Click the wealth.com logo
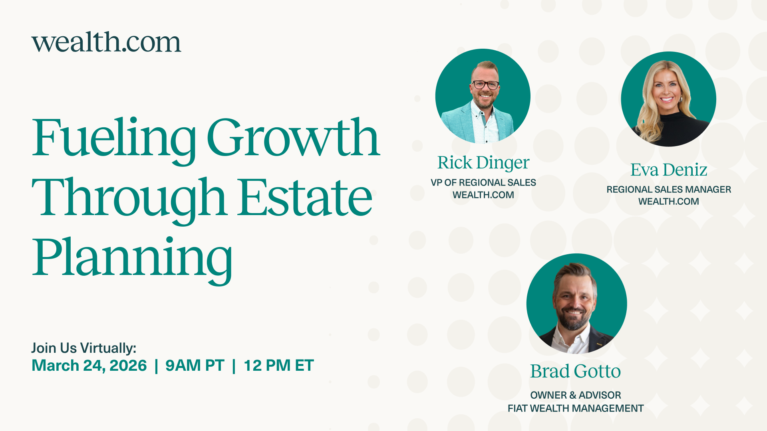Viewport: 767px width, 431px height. pos(106,42)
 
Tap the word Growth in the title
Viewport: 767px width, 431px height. pos(293,138)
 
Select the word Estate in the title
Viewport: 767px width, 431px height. pos(305,198)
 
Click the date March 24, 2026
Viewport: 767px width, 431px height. pos(89,366)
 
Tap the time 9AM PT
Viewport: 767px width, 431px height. pos(195,366)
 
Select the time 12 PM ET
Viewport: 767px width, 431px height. pos(279,366)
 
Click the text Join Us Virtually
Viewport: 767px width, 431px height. pos(84,348)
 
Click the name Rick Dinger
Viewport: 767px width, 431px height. pos(483,163)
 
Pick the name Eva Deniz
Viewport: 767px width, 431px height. pos(669,170)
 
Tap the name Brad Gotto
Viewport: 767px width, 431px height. pos(575,372)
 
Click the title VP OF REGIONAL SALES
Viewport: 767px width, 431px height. pos(483,183)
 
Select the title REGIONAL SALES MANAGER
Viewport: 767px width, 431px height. pos(669,190)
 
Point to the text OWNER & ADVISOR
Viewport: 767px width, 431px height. pos(575,395)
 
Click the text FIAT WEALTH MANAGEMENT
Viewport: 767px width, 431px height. pos(575,409)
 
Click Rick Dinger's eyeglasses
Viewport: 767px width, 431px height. pos(485,85)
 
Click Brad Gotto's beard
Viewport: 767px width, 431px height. pos(574,322)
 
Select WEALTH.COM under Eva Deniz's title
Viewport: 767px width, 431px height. pos(669,202)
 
